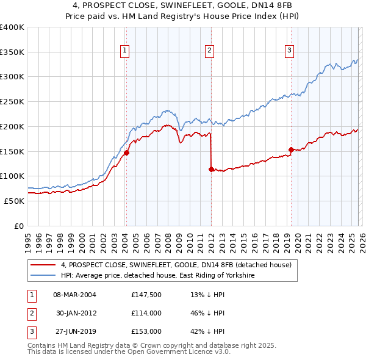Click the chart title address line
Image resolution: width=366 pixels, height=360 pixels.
tap(183, 5)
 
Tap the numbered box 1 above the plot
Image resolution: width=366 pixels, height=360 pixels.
tap(124, 51)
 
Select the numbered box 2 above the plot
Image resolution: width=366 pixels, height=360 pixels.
tap(209, 51)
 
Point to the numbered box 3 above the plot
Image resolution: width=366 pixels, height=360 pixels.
tap(289, 51)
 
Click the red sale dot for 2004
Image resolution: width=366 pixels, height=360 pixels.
tap(126, 153)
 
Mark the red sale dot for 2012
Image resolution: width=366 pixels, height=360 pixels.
tap(211, 169)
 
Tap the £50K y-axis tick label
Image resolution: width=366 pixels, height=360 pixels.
tap(15, 201)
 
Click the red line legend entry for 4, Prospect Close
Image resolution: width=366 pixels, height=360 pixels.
tap(176, 265)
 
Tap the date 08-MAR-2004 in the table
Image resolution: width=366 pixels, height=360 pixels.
tap(75, 294)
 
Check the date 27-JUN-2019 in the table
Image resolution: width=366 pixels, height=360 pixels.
tap(74, 331)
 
